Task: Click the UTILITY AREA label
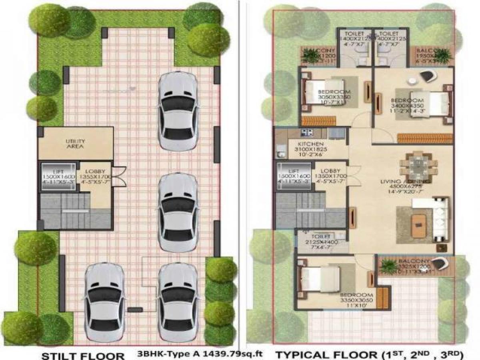(75, 144)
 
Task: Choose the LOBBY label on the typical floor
(330, 170)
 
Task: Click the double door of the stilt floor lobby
(119, 176)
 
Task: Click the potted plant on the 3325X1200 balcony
(388, 266)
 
